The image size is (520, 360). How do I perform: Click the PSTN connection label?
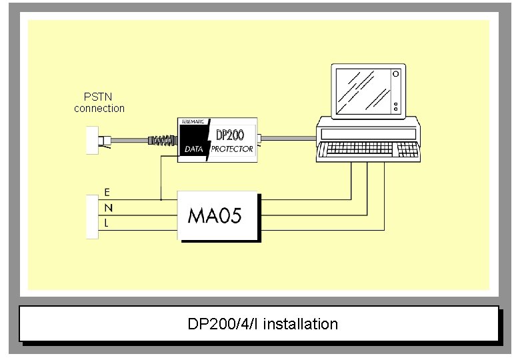[99, 103]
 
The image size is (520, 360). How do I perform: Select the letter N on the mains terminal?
[108, 208]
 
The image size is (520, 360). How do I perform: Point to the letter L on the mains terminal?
[107, 224]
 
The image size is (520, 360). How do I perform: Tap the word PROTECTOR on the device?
[232, 149]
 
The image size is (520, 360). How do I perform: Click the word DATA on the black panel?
[193, 150]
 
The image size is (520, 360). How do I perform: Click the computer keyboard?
[368, 151]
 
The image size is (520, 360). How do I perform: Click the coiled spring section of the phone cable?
[163, 140]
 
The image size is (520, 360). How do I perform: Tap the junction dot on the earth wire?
[161, 199]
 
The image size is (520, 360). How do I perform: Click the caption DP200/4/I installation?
[263, 324]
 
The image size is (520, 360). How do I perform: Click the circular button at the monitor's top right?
[396, 73]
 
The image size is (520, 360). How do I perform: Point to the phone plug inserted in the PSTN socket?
[105, 140]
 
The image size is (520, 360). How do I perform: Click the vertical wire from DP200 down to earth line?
[161, 180]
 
